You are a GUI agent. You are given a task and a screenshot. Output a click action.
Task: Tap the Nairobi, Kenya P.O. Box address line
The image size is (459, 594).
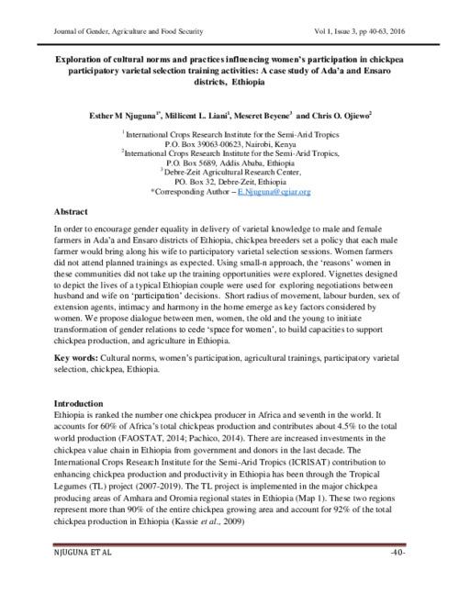229,145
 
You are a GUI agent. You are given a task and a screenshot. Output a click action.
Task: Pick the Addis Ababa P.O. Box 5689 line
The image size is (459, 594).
229,163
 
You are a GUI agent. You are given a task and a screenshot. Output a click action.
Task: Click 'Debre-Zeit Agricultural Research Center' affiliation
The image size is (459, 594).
231,173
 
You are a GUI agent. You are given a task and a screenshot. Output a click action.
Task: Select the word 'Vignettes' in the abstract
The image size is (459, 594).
353,273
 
